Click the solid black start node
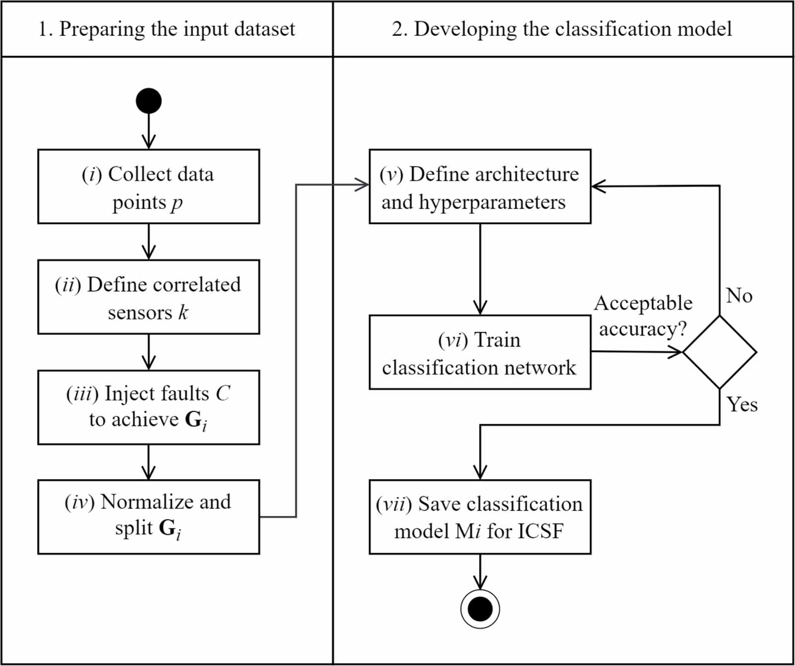[149, 101]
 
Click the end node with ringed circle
[480, 609]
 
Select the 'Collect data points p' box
[149, 186]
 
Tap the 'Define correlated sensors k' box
[149, 297]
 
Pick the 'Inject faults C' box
[149, 407]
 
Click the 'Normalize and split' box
[149, 517]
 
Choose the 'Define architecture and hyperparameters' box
[480, 186]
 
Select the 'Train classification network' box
[480, 352]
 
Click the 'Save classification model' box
[480, 517]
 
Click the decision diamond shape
[719, 352]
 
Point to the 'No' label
[739, 295]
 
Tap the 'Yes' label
[742, 404]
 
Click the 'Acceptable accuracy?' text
[643, 316]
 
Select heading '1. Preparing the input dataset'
[167, 29]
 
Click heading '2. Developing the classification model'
[561, 29]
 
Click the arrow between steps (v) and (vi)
[480, 268]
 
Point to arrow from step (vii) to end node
[480, 572]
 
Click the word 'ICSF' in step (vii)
[541, 531]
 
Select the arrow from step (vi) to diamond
[636, 352]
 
